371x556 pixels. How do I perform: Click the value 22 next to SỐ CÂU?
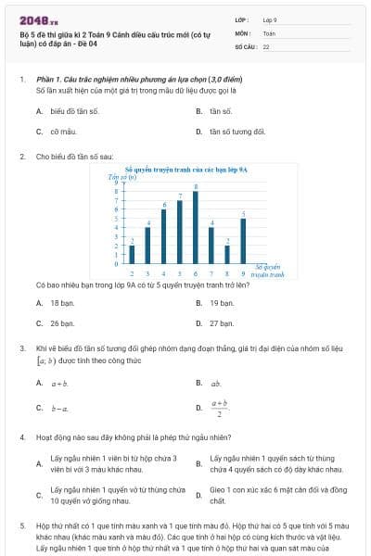tap(266, 45)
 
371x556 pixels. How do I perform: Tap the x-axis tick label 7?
tap(211, 274)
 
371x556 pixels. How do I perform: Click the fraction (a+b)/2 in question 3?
tap(219, 408)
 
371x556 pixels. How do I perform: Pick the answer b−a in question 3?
tap(59, 407)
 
